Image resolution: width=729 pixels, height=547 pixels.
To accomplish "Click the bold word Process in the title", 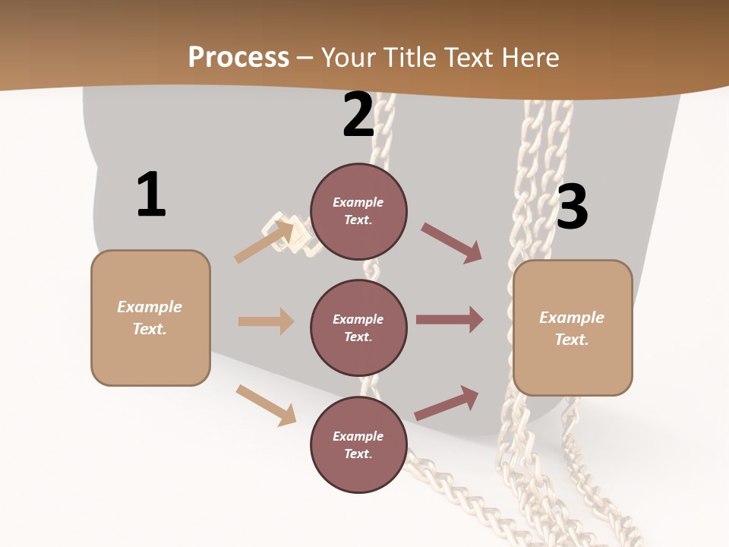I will coord(238,58).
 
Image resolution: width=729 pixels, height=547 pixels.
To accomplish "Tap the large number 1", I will coord(151,195).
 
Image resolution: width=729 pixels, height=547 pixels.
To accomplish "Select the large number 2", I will coord(358,115).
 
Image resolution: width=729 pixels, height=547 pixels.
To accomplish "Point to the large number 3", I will coord(572,207).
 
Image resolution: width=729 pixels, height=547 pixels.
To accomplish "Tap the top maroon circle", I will coord(358,211).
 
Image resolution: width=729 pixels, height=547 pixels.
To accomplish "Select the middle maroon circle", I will coord(358,327).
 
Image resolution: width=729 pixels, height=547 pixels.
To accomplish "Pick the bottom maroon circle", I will coord(358,444).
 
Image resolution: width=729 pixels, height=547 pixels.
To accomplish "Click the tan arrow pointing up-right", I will coord(264,242).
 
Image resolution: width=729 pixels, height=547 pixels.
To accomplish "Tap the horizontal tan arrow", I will coord(266,321).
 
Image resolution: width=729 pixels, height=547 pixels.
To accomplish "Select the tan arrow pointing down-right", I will coord(266,405).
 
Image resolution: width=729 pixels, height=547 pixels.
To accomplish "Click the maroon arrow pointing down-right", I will coord(451,243).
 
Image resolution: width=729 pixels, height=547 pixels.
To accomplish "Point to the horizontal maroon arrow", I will coord(450,320).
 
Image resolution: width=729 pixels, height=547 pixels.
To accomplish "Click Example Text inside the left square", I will coord(150,318).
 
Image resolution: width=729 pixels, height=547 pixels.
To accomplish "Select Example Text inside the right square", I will coord(572,328).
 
